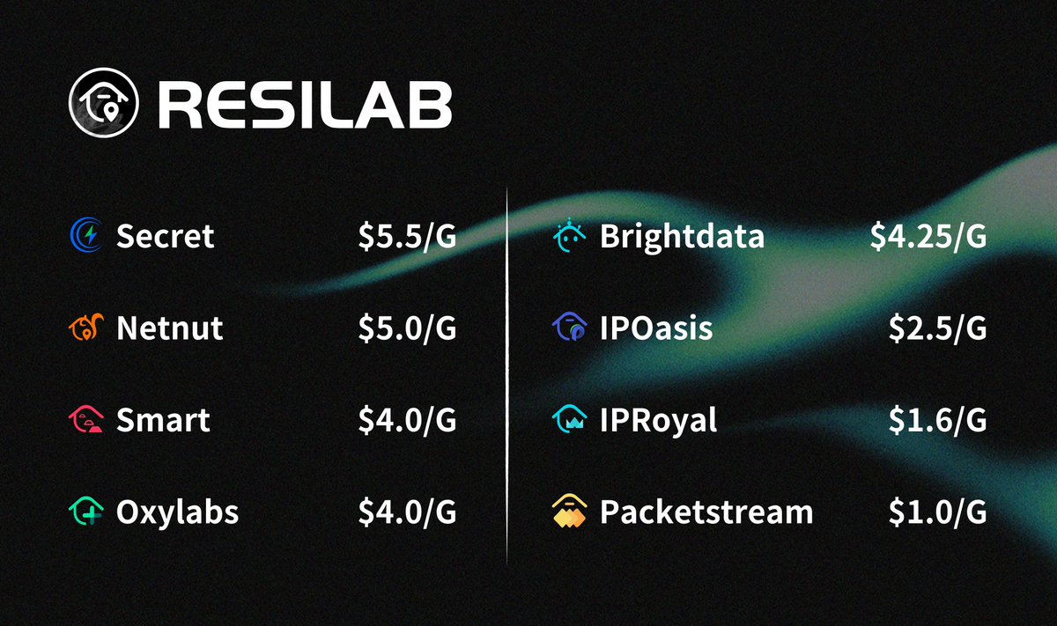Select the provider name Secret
click(x=165, y=236)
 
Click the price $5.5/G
click(x=407, y=236)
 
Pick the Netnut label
click(x=169, y=328)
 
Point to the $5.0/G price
click(x=407, y=328)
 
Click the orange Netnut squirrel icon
click(x=86, y=328)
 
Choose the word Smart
click(x=163, y=420)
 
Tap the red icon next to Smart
click(x=86, y=420)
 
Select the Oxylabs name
click(x=177, y=512)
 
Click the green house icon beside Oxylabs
click(x=86, y=512)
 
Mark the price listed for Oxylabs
click(x=407, y=512)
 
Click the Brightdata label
click(x=682, y=236)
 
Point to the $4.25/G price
click(x=928, y=236)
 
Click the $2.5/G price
click(x=937, y=328)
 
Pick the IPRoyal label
click(x=658, y=420)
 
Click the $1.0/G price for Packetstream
click(x=937, y=512)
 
